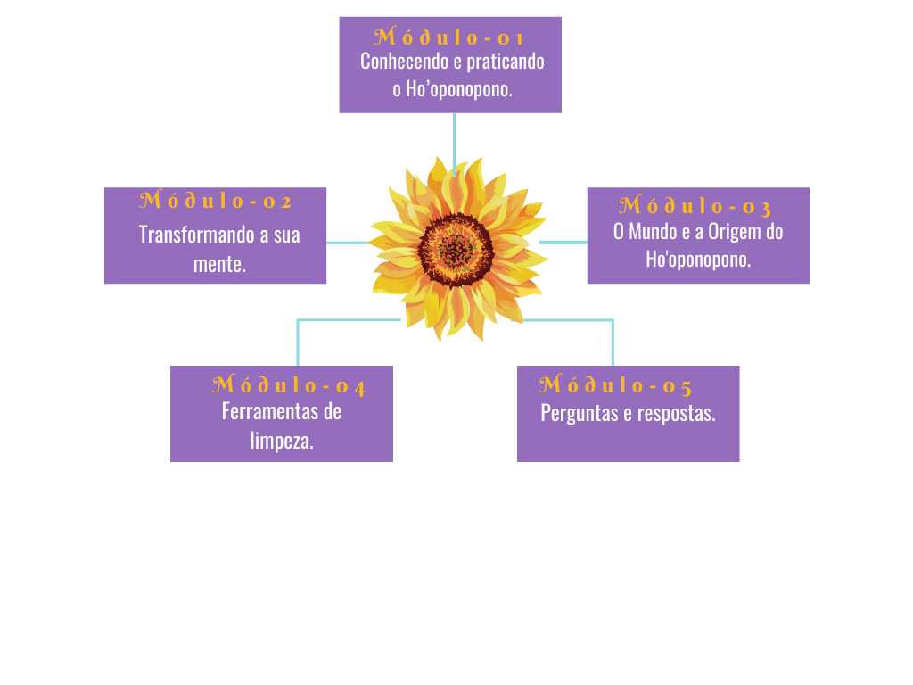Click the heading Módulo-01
[x=449, y=37]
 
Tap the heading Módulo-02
[x=216, y=201]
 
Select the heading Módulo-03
[x=695, y=206]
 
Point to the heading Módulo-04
[x=289, y=386]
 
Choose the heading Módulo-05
[x=616, y=385]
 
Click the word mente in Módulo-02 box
[x=218, y=264]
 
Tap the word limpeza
[x=281, y=441]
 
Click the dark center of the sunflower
[x=456, y=250]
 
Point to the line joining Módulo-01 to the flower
[x=455, y=138]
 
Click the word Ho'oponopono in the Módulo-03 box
[x=698, y=260]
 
